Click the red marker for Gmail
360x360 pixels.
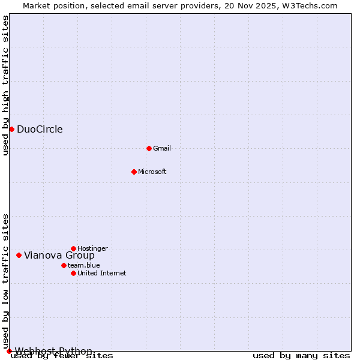click(x=149, y=148)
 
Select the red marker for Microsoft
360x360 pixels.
click(x=134, y=172)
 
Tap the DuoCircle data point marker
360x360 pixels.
click(x=11, y=129)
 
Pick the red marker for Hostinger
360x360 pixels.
click(x=73, y=248)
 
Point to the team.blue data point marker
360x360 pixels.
click(x=64, y=265)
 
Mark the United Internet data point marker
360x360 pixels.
click(x=73, y=273)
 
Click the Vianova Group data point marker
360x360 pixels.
click(x=19, y=255)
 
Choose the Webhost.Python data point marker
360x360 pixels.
click(x=9, y=351)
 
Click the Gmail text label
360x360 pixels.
click(x=162, y=148)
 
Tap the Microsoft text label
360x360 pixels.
click(x=152, y=172)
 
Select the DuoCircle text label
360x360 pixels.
click(x=40, y=129)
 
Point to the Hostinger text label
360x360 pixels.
click(x=92, y=248)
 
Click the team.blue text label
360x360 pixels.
click(x=84, y=265)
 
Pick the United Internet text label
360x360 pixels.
click(x=102, y=273)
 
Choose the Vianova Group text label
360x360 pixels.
click(x=59, y=255)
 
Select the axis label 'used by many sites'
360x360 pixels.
click(x=301, y=355)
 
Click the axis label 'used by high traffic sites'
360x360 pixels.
click(x=5, y=85)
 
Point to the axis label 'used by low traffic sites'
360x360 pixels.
click(x=5, y=281)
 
